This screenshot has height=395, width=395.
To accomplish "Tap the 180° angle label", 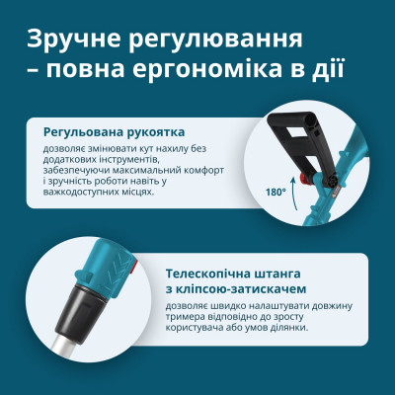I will click(276, 191).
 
